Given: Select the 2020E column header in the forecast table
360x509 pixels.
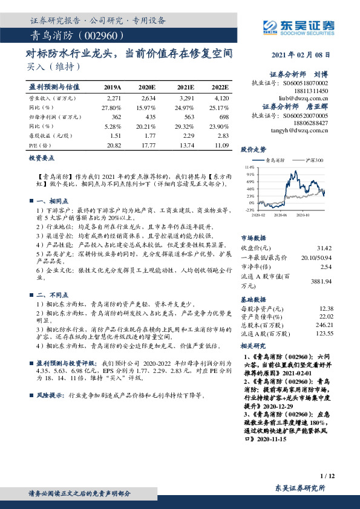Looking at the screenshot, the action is pyautogui.click(x=148, y=87).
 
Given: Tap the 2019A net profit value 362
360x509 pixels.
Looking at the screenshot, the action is pyautogui.click(x=116, y=116).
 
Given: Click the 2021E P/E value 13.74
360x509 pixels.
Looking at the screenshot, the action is pyautogui.click(x=185, y=144).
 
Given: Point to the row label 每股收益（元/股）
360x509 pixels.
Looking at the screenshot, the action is pyautogui.click(x=49, y=135).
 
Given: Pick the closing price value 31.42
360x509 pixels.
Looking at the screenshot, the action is pyautogui.click(x=324, y=248).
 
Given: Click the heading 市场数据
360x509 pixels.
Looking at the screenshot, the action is pyautogui.click(x=253, y=238).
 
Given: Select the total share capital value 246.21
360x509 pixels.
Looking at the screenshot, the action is pyautogui.click(x=324, y=325).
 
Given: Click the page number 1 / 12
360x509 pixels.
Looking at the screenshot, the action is pyautogui.click(x=327, y=476).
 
